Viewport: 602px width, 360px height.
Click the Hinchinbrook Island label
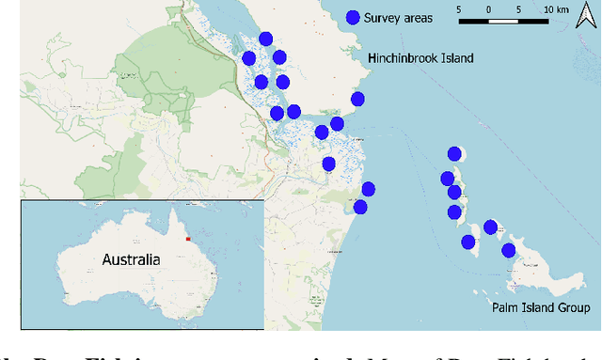click(420, 58)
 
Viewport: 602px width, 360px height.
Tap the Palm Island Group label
click(541, 308)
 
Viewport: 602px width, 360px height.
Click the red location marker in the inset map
click(187, 239)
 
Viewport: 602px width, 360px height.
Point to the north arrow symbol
click(584, 16)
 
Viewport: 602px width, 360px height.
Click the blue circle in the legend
click(353, 17)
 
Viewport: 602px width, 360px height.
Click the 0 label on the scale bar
click(489, 10)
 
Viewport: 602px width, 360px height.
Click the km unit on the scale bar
click(563, 10)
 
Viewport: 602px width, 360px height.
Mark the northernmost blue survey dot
click(266, 39)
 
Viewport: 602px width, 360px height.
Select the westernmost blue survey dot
click(249, 58)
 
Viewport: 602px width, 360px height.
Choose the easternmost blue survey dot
click(509, 250)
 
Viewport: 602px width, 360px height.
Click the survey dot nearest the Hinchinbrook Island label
click(357, 100)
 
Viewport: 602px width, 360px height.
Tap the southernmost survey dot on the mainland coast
click(359, 208)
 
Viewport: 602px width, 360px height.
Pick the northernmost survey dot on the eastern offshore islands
click(455, 154)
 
